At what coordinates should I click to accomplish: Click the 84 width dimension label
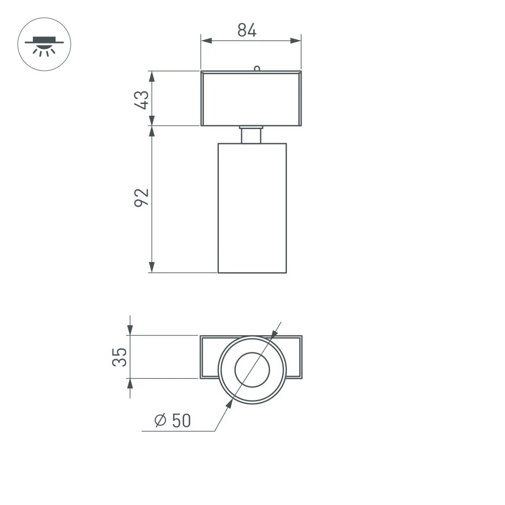(247, 31)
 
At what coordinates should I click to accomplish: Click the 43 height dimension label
(142, 99)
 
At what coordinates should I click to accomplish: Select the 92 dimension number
(142, 197)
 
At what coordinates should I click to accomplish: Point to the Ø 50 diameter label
(173, 420)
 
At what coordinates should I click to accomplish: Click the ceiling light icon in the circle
(44, 44)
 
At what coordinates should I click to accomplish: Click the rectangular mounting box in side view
(251, 98)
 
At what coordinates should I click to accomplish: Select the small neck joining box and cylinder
(251, 135)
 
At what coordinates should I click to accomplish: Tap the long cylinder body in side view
(252, 207)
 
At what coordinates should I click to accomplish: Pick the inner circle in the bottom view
(252, 370)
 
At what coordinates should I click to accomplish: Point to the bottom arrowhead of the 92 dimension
(151, 268)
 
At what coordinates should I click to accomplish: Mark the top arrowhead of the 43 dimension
(151, 75)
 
